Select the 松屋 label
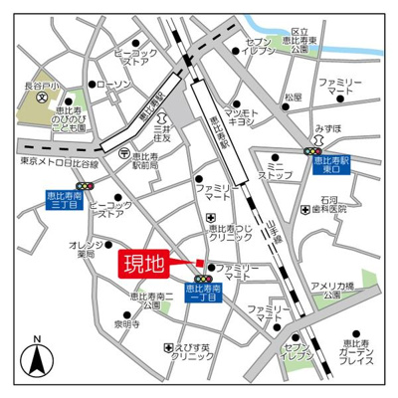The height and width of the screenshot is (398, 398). click(292, 98)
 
